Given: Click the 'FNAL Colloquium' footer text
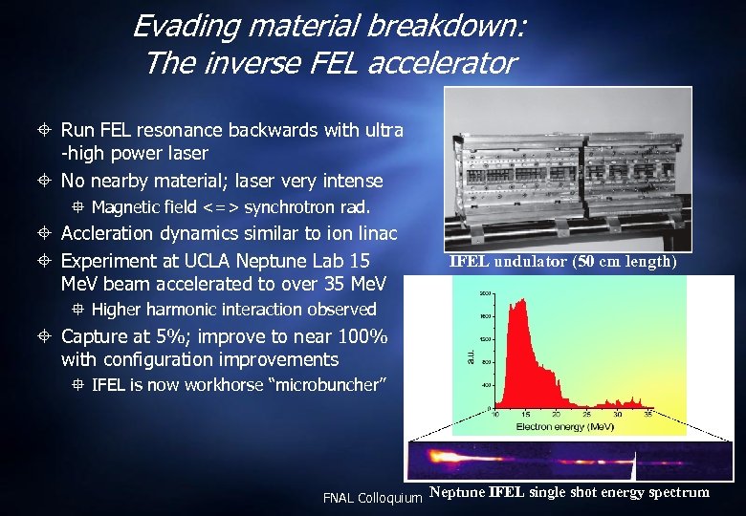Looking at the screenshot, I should tap(372, 498).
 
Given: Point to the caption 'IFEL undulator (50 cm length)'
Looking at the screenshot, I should tap(562, 262).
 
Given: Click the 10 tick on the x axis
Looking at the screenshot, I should tap(495, 416).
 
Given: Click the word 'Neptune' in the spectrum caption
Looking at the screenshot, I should tap(458, 493).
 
